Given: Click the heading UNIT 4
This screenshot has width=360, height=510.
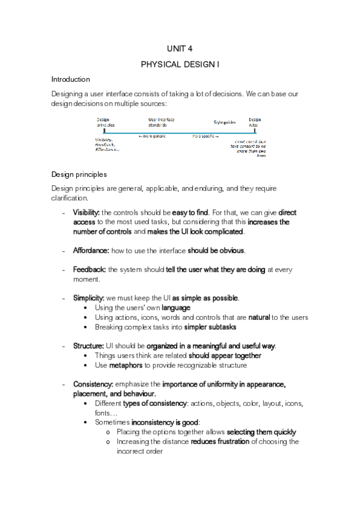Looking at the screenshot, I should pyautogui.click(x=180, y=49).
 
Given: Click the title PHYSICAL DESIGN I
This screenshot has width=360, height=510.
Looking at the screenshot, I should pyautogui.click(x=180, y=64).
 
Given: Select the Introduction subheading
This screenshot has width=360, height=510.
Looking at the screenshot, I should pyautogui.click(x=70, y=79).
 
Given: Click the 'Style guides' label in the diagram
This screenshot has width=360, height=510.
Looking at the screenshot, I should pyautogui.click(x=224, y=122).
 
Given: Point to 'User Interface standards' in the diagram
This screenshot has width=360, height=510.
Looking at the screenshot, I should pyautogui.click(x=161, y=122).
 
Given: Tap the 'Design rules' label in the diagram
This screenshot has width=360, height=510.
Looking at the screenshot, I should pyautogui.click(x=255, y=122).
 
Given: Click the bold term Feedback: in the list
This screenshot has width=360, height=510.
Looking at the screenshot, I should pyautogui.click(x=90, y=269).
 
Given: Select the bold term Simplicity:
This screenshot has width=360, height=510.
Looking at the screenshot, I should pyautogui.click(x=89, y=298).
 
